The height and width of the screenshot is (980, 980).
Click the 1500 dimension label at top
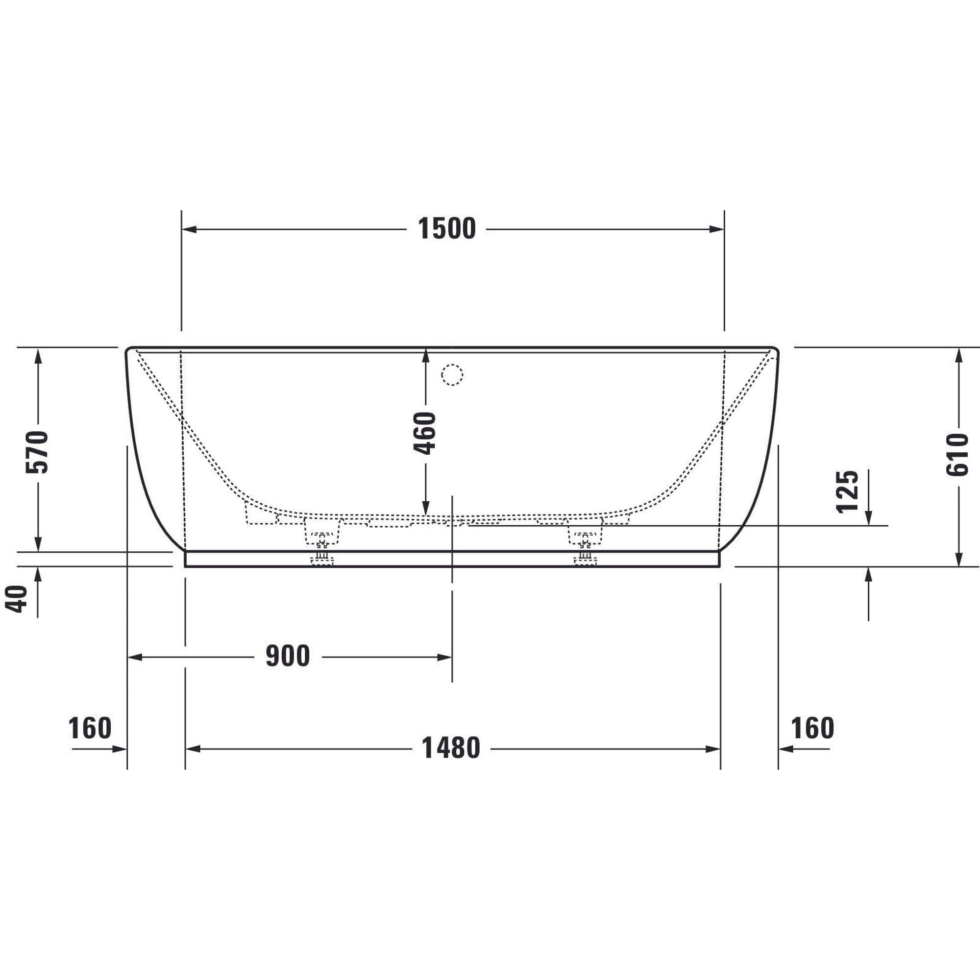(x=447, y=229)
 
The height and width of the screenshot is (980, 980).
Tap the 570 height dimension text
(x=37, y=452)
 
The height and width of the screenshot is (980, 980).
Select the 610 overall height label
(x=957, y=455)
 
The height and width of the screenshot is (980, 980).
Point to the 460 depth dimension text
(x=424, y=433)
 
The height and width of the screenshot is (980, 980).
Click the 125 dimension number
(x=847, y=492)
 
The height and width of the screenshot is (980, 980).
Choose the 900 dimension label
(x=288, y=657)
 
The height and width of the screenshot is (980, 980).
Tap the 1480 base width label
(x=451, y=748)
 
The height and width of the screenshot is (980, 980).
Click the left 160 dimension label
(x=90, y=729)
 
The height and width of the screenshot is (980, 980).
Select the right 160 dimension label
(x=812, y=729)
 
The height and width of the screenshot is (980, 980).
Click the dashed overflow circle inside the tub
(x=452, y=375)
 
